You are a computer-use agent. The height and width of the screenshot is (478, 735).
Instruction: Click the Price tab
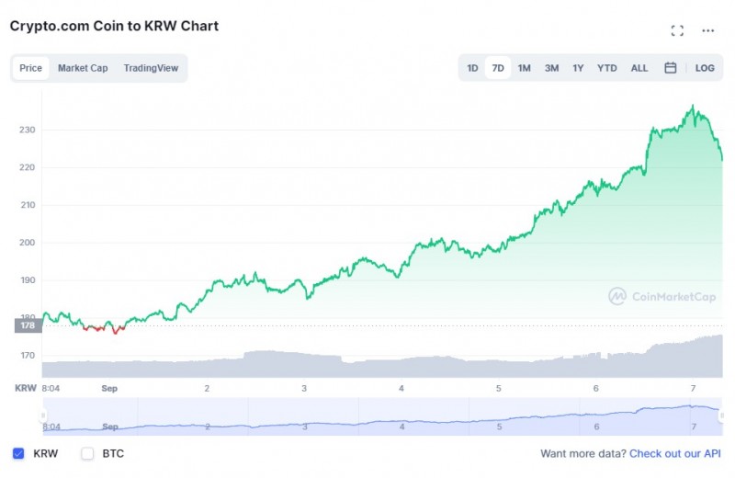(30, 68)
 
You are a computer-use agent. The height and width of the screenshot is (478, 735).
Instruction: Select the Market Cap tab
(83, 68)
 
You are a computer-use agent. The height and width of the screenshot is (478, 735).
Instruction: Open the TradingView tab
(151, 68)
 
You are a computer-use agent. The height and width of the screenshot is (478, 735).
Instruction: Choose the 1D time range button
(472, 68)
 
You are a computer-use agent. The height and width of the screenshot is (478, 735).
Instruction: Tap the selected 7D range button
(498, 68)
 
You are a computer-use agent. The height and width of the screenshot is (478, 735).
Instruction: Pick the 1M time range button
(524, 68)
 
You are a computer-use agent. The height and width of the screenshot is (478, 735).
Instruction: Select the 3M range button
(551, 68)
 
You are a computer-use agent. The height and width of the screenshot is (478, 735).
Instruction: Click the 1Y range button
(578, 68)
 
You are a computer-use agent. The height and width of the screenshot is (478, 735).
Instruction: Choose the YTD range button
(607, 68)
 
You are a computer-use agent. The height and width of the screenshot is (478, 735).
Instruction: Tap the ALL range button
(639, 68)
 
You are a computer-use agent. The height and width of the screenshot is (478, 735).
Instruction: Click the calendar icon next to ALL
(671, 68)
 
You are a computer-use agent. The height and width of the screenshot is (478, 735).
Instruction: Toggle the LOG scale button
(705, 68)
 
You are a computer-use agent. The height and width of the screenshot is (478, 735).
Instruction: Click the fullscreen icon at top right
(677, 30)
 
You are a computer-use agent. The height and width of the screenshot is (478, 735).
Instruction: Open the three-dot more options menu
(707, 30)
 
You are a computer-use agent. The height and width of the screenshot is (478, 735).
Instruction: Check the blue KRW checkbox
(18, 453)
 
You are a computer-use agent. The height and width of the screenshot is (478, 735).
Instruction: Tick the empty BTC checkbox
(88, 453)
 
